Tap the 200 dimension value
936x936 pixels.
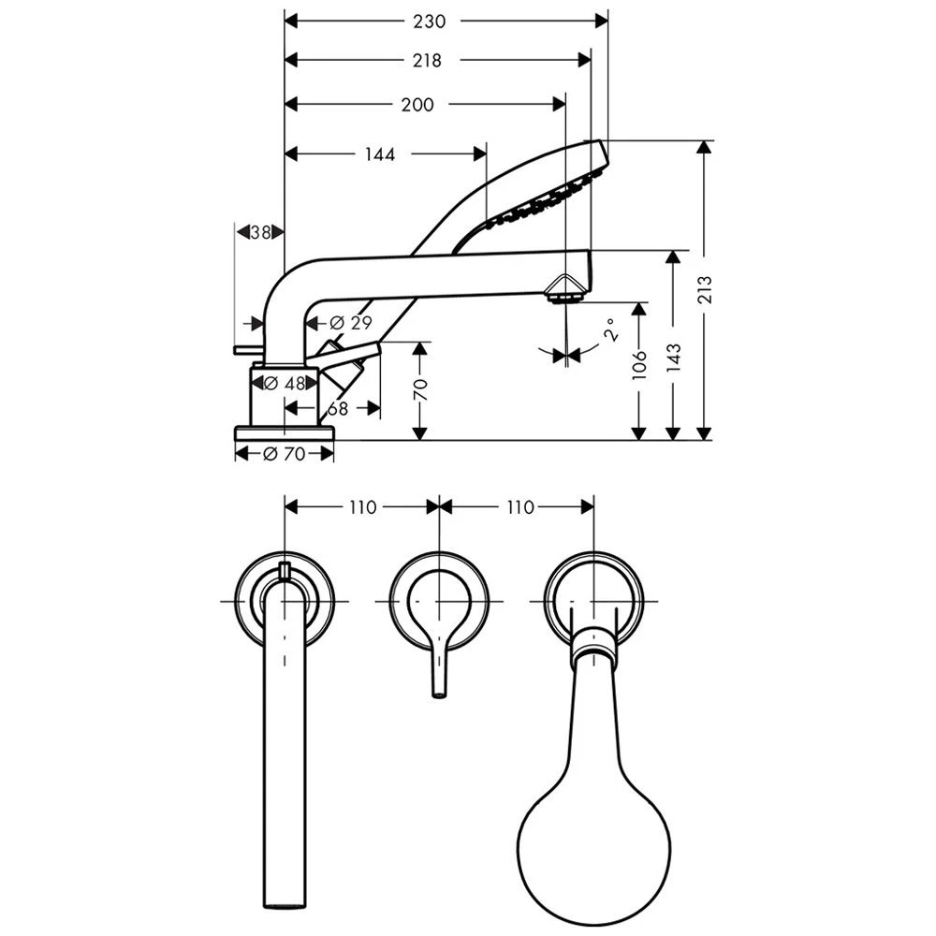pos(417,105)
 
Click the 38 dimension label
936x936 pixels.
pos(261,231)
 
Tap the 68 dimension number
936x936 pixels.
pos(338,408)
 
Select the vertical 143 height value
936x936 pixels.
pos(673,354)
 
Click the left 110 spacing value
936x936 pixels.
pos(362,507)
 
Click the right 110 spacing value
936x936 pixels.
pos(519,507)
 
